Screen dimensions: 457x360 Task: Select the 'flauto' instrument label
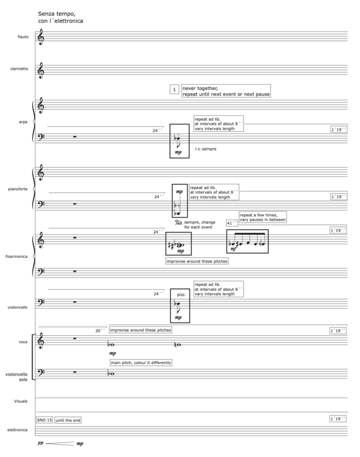(x=23, y=37)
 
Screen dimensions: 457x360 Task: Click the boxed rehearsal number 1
(x=174, y=90)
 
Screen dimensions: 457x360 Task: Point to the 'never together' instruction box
(x=226, y=91)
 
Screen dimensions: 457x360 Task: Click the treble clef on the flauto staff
(x=40, y=38)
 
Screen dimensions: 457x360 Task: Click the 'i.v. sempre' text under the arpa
(x=207, y=149)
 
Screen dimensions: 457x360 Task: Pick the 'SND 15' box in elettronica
(x=44, y=420)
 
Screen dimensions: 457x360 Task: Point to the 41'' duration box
(x=232, y=223)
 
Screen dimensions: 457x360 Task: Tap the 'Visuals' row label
(x=22, y=401)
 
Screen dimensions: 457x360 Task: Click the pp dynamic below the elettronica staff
(x=40, y=444)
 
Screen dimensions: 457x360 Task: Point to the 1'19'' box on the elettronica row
(x=338, y=419)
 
